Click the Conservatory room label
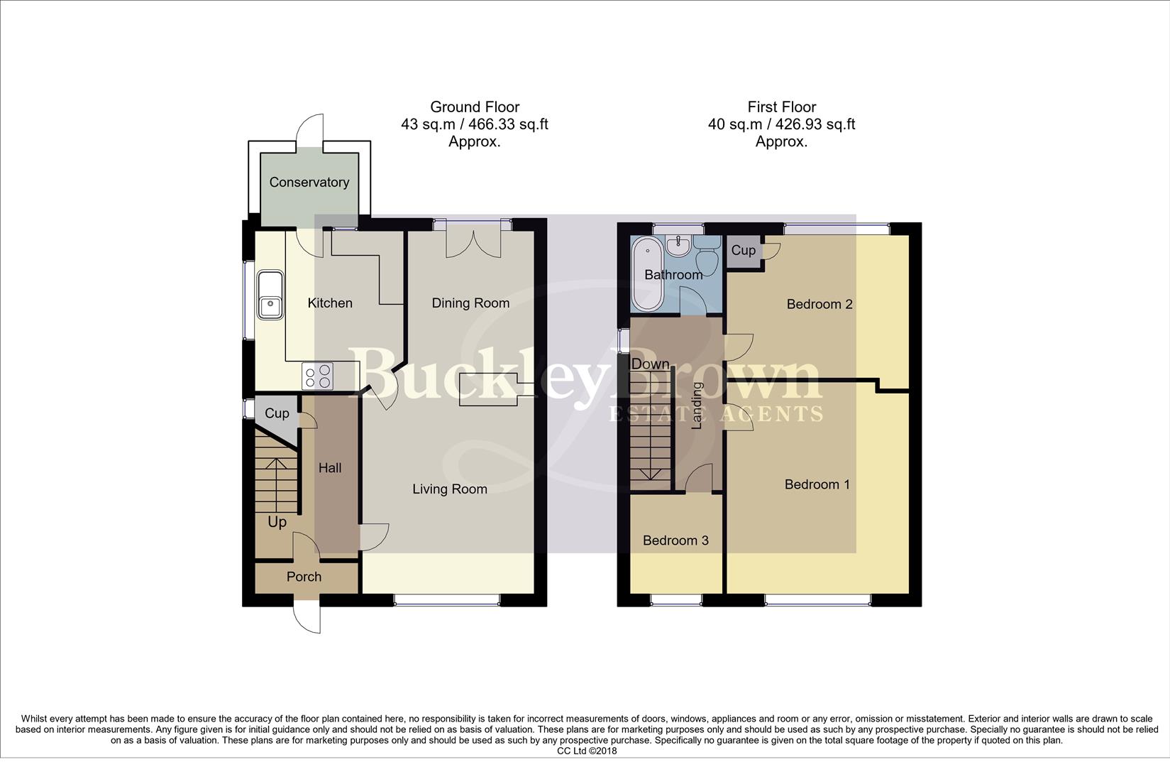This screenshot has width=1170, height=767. coord(309,183)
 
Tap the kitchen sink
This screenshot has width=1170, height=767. coord(271,294)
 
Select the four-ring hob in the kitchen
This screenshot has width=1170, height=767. coord(317,376)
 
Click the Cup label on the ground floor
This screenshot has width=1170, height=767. coord(277,413)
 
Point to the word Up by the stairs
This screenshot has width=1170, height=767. coord(277,522)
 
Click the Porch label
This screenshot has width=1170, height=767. coord(304,577)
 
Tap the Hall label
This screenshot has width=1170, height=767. coord(330,468)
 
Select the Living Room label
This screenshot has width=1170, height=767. coord(450,489)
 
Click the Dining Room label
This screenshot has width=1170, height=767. coord(470,303)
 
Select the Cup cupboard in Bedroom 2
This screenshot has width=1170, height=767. coord(744,251)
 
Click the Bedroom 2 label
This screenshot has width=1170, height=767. coord(819,304)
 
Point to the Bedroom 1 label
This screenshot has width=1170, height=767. coord(817,484)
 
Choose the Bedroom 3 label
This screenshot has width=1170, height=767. coord(675,540)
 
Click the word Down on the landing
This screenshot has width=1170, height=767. coord(650,364)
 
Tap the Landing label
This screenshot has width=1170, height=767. coord(697,406)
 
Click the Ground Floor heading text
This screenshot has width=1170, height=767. coord(475,107)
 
